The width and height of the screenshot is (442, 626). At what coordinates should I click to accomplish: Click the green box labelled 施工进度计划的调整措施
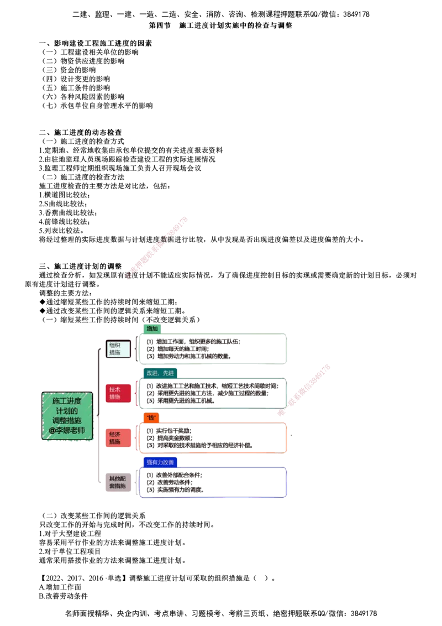[x=67, y=416]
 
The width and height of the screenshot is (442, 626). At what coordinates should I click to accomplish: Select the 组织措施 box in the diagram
[x=118, y=349]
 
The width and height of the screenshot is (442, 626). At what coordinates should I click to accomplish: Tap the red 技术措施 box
[x=118, y=393]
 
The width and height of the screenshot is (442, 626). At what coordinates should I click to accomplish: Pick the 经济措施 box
[x=118, y=438]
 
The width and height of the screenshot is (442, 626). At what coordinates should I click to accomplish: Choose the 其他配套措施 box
[x=118, y=482]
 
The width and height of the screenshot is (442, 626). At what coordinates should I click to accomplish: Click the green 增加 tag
[x=152, y=328]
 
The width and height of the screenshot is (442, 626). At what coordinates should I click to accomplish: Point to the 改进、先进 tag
[x=160, y=373]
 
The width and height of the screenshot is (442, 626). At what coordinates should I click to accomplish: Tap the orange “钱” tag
[x=151, y=418]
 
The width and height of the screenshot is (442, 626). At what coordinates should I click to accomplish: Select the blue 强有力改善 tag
[x=160, y=462]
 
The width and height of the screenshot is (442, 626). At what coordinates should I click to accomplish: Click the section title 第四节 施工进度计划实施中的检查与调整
[x=220, y=25]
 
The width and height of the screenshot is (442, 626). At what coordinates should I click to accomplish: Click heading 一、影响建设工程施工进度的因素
[x=96, y=43]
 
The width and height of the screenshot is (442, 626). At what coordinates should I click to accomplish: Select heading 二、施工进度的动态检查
[x=80, y=133]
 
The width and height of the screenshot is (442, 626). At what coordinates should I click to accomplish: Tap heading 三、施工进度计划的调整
[x=80, y=267]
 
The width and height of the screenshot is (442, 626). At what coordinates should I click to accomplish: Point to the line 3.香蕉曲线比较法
[x=68, y=213]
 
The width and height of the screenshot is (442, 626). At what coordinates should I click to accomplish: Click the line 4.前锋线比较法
[x=64, y=222]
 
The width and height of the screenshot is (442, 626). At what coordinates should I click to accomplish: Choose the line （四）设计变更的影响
[x=76, y=79]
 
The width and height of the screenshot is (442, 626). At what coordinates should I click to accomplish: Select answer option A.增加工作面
[x=60, y=587]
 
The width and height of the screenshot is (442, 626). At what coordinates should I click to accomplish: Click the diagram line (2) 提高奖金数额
[x=169, y=438]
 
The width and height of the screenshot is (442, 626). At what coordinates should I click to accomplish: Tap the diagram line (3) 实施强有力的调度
[x=175, y=490]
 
